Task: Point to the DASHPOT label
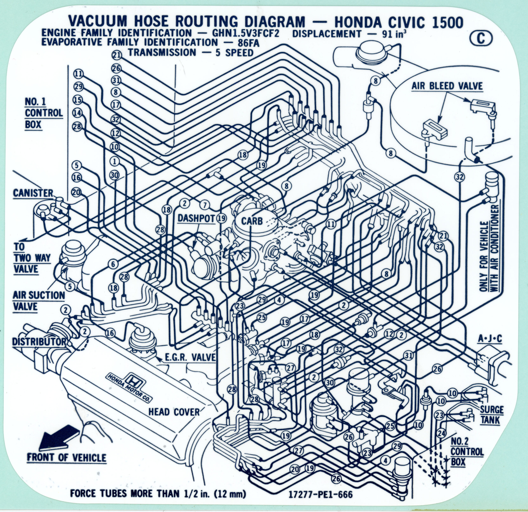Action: pyautogui.click(x=196, y=218)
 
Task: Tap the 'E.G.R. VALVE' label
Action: pyautogui.click(x=190, y=358)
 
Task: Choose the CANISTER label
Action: pyautogui.click(x=33, y=193)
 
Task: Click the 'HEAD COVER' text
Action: pyautogui.click(x=174, y=412)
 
